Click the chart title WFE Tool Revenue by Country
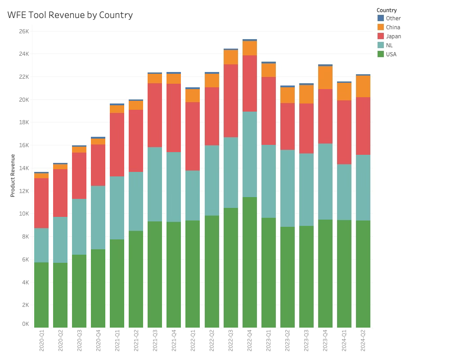point(70,15)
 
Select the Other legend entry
point(393,18)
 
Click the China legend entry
point(393,27)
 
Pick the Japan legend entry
point(393,36)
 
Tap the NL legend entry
point(389,45)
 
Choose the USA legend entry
point(391,54)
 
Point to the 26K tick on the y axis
point(23,31)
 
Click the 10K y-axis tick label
point(23,214)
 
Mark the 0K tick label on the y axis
point(25,324)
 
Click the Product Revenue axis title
point(13,175)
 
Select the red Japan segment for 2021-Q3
point(155,115)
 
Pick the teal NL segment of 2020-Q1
point(41,245)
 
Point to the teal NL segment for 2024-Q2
point(363,188)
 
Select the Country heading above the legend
point(387,10)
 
